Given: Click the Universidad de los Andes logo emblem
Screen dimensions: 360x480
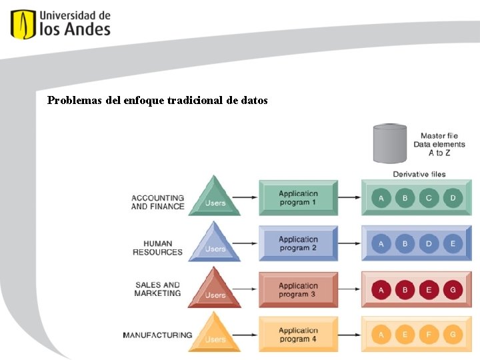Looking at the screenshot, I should [23, 24].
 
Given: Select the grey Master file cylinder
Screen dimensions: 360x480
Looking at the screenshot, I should [390, 143].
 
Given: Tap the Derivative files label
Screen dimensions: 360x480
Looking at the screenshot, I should [419, 175].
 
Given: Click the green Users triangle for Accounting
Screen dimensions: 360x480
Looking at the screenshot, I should [214, 198].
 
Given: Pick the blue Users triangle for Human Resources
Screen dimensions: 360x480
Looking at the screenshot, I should [214, 243].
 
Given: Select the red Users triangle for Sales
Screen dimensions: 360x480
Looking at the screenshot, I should [214, 289].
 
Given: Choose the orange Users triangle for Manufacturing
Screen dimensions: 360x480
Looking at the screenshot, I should [214, 334].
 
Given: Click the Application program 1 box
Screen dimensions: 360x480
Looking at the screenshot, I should [298, 198].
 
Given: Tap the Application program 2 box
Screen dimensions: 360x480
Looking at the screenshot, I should [298, 243].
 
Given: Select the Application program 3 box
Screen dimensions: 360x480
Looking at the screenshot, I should [298, 289].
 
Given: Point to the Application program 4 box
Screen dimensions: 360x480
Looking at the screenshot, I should [298, 335].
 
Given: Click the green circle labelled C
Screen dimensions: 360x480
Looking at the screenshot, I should [429, 198].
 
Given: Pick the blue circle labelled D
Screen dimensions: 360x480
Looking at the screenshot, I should [429, 243].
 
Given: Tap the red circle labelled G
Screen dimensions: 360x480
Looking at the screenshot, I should [453, 289].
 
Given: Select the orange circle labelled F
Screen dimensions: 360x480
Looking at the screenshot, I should [429, 335].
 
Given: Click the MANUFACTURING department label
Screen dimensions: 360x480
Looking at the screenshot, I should [157, 335].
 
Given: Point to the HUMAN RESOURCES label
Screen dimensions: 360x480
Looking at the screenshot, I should [157, 248].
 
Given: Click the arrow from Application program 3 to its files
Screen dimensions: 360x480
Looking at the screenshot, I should [349, 289].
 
